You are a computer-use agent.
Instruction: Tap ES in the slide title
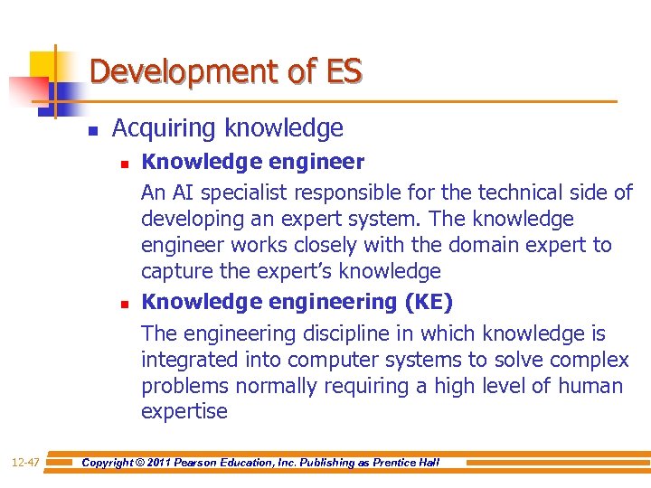pos(343,70)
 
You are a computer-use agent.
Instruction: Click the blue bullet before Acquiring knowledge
pos(92,130)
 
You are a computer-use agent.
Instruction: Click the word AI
pos(184,192)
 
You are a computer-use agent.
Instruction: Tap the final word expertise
pos(184,411)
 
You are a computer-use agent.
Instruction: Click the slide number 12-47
pos(24,463)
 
